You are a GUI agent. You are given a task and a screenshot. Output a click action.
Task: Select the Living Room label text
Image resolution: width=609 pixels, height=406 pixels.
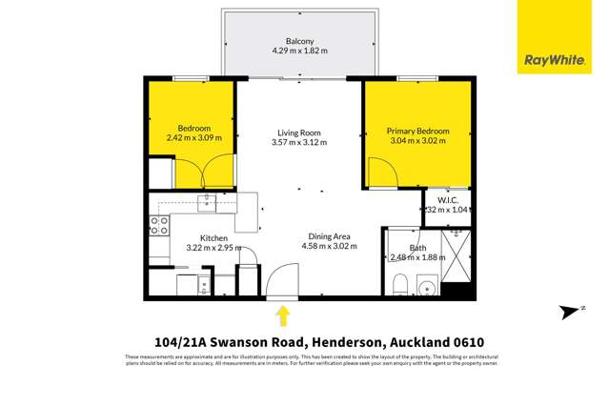(x=298, y=132)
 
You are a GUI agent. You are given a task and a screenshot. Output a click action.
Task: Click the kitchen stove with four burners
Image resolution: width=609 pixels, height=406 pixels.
(x=159, y=226)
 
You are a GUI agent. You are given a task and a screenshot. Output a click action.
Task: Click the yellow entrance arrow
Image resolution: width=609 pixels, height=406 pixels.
(x=282, y=315)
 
